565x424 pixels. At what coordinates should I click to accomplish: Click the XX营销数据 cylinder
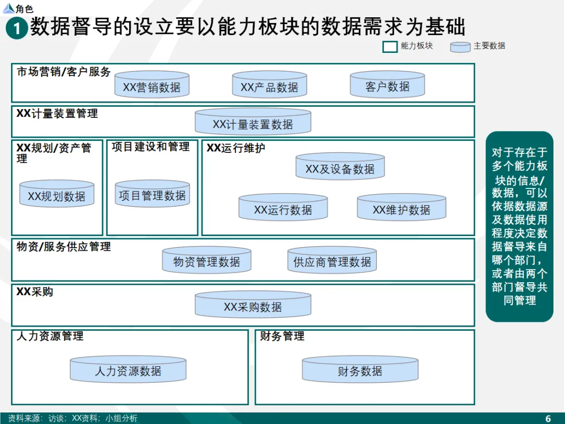[x=152, y=86]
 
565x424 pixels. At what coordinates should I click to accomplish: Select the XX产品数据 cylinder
[x=269, y=86]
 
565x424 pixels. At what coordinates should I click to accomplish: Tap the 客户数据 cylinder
[x=387, y=85]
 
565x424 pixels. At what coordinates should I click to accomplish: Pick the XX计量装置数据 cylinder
[x=253, y=123]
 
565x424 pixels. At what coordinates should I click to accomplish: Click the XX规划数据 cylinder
[x=56, y=195]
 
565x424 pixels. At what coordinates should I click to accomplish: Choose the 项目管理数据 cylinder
[x=152, y=194]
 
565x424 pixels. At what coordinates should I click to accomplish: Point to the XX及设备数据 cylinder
[x=340, y=168]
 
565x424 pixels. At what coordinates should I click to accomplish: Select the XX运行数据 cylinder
[x=283, y=208]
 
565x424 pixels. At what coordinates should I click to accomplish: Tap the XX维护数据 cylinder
[x=401, y=208]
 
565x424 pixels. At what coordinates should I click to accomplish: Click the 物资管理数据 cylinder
[x=207, y=260]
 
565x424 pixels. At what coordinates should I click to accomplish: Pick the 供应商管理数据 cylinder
[x=332, y=260]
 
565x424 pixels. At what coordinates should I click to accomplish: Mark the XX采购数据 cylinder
[x=253, y=306]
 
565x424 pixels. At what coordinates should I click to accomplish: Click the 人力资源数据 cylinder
[x=128, y=370]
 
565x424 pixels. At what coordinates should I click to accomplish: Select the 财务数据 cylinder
[x=360, y=370]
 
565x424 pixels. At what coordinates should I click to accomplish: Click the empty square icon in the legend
[x=390, y=47]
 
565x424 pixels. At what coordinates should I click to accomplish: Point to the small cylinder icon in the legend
[x=460, y=47]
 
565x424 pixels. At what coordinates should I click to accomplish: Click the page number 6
[x=548, y=418]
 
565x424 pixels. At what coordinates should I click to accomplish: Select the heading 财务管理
[x=282, y=336]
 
